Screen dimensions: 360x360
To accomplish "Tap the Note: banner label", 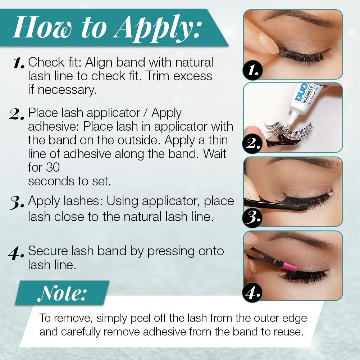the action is pyautogui.click(x=62, y=293).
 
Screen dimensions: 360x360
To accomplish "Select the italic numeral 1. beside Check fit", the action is pyautogui.click(x=19, y=63).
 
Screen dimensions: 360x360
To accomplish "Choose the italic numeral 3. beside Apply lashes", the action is pyautogui.click(x=16, y=202).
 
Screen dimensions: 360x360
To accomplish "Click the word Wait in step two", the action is pyautogui.click(x=215, y=154).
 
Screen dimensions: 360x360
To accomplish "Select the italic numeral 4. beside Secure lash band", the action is pyautogui.click(x=16, y=253).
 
